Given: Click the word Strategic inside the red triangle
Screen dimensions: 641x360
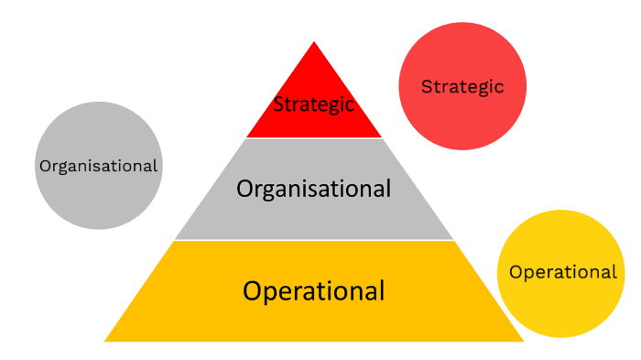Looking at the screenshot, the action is point(314,104).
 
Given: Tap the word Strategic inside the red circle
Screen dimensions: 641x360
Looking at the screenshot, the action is point(462,86).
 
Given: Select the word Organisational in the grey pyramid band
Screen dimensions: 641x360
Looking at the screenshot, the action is point(313,189).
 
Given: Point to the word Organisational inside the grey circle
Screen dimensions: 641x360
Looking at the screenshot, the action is point(98,166).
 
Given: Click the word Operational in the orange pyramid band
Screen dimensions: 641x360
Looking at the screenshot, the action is point(313,291).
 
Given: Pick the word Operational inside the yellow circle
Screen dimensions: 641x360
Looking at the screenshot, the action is point(562,272).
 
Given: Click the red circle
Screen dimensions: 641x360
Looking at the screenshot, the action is point(462,55).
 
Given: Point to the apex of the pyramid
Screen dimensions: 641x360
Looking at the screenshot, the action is point(314,42).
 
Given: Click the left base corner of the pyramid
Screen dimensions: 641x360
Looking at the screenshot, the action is point(106,340).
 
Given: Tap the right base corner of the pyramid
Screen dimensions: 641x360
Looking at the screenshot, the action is point(522,340).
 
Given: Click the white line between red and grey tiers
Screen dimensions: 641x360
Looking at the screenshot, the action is point(314,138).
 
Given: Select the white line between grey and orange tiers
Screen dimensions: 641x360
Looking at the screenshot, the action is point(313,240).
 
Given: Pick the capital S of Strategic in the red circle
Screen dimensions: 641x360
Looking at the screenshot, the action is point(426,87).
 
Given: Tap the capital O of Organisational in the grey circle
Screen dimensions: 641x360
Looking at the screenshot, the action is point(44,166).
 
